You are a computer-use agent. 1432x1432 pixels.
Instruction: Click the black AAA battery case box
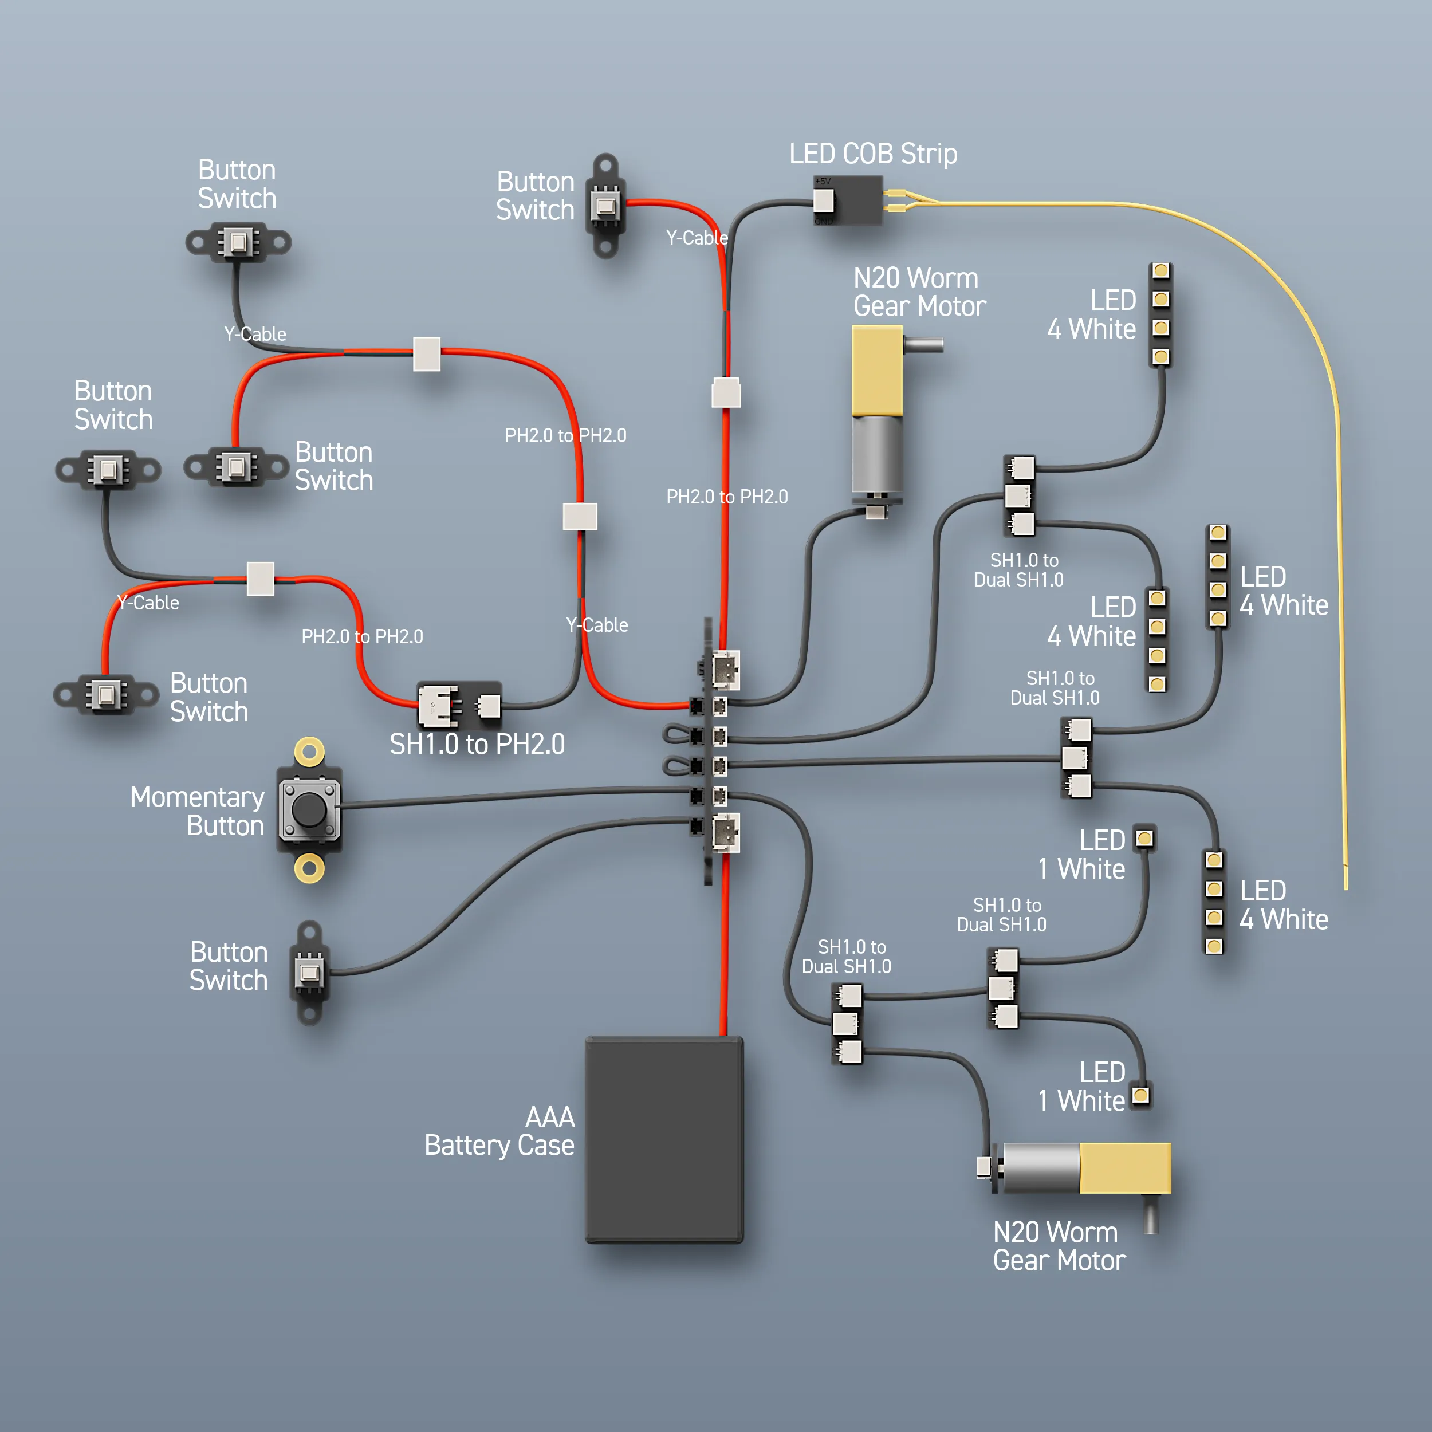664,1139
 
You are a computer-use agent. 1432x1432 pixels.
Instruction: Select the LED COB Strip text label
873,154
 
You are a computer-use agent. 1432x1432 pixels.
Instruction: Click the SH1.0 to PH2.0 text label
477,744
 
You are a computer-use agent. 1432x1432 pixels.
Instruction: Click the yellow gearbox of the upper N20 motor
877,371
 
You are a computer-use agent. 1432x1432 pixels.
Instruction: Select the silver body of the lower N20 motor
1041,1168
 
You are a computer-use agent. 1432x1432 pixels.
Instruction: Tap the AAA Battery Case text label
499,1131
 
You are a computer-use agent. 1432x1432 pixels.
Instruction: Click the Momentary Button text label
197,811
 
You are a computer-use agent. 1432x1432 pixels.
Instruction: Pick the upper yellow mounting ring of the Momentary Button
309,752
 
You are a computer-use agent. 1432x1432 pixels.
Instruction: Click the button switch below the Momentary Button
309,973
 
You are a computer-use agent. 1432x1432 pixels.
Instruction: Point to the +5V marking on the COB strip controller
823,181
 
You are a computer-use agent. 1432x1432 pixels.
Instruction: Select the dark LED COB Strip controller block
848,200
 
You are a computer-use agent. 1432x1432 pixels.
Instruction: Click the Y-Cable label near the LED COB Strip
697,238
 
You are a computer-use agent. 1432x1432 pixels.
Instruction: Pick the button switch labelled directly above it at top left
238,242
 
